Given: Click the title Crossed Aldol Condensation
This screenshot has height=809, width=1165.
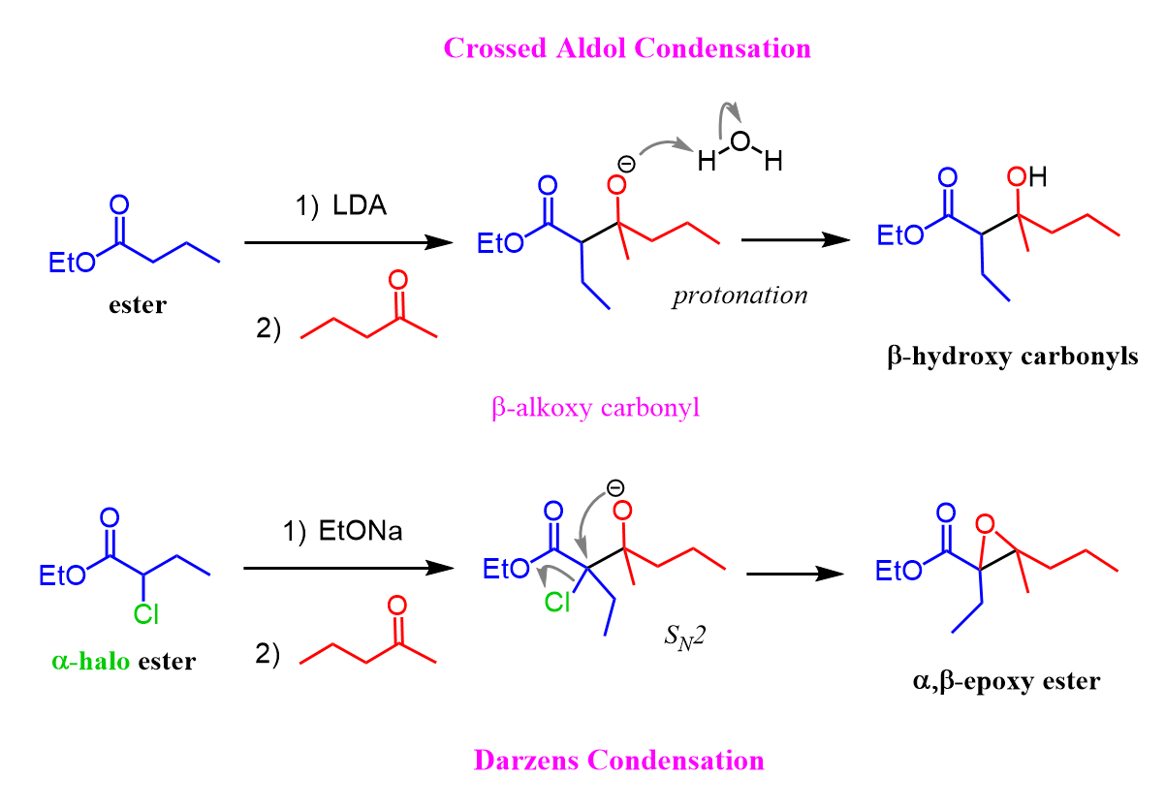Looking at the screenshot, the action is click(627, 48).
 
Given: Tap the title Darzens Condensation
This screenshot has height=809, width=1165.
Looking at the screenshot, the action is click(619, 761).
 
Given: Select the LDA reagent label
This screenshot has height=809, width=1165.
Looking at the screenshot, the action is click(360, 205).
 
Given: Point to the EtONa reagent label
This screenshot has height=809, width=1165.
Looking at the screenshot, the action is click(361, 531).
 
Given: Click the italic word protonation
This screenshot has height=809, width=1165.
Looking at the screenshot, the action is click(740, 296).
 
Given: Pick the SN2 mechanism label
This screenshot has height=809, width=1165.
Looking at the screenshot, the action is click(684, 637).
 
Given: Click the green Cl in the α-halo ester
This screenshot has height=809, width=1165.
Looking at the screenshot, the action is click(145, 614).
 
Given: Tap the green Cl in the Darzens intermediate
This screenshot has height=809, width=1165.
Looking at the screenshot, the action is click(557, 602).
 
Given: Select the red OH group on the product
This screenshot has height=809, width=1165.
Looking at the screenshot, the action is click(1026, 177).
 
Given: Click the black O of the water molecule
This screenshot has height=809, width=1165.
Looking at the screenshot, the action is click(740, 140).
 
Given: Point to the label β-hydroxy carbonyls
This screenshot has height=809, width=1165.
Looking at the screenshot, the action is click(1013, 357).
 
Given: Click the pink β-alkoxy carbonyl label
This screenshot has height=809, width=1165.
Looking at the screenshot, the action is click(595, 407).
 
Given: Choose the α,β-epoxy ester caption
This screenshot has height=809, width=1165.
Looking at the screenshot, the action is click(1006, 681).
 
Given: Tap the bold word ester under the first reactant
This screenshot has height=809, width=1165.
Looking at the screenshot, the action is click(138, 304).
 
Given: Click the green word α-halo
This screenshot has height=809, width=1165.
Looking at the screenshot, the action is click(90, 662).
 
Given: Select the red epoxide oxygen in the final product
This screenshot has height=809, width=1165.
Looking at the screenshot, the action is click(985, 523).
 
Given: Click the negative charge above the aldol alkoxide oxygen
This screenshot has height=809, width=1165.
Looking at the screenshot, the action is click(626, 165).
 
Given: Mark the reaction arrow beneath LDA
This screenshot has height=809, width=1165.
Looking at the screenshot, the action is click(349, 242).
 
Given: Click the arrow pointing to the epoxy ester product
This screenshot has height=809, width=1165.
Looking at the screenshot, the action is click(795, 574).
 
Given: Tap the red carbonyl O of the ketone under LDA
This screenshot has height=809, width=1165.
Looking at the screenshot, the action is click(398, 280).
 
